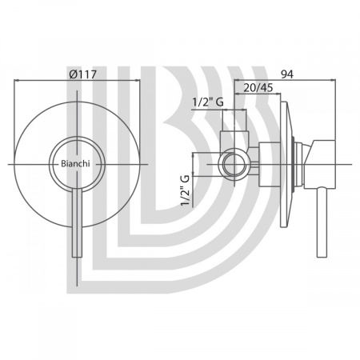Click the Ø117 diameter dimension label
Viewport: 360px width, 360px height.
82,74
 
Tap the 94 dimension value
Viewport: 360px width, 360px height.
287,74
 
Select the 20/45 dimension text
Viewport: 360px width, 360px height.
258,88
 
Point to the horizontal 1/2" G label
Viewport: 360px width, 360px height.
208,102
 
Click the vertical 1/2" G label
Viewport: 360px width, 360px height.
185,190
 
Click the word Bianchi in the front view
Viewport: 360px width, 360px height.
75,163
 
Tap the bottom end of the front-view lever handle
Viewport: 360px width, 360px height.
77,257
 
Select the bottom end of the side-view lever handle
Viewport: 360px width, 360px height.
322,257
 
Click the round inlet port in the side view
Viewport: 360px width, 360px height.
234,164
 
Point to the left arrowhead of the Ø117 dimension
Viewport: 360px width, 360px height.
16,80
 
